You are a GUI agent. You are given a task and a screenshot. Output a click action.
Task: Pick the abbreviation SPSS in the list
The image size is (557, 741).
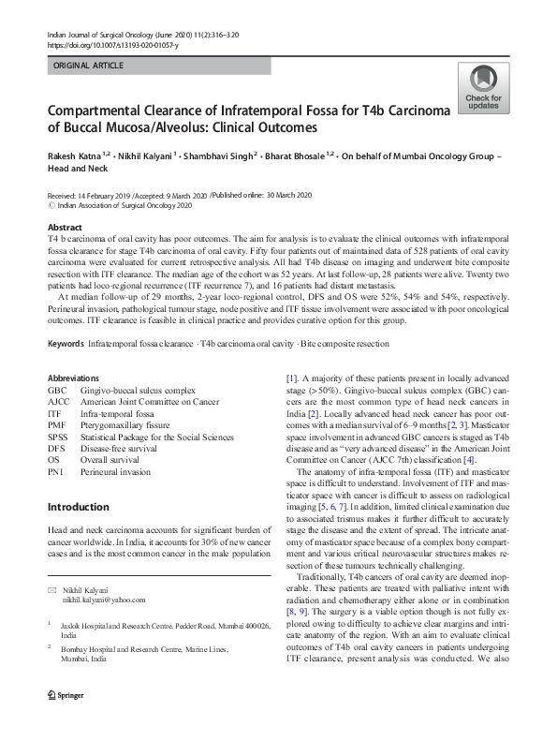(x=58, y=437)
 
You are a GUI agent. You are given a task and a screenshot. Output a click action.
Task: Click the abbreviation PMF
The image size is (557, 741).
(x=57, y=424)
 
